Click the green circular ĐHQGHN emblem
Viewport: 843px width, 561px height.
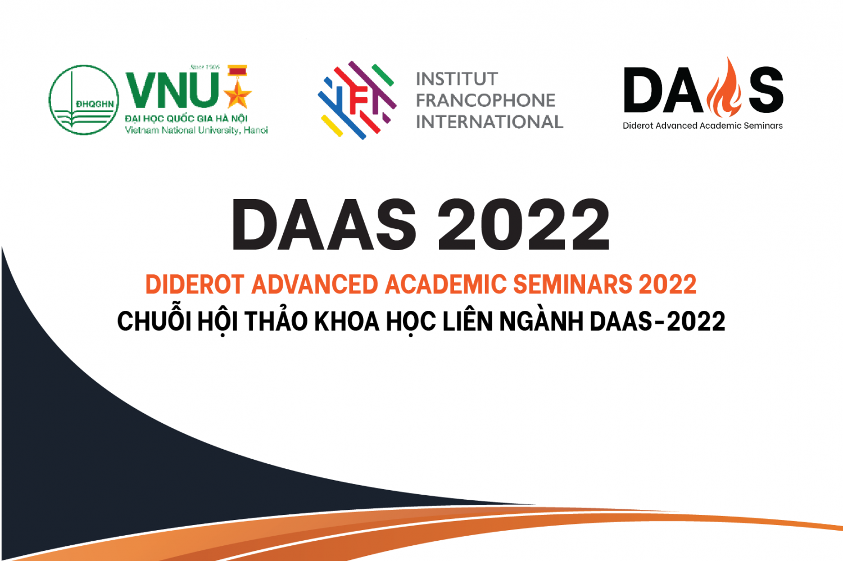click(x=84, y=100)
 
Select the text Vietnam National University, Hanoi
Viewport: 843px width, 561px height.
click(x=196, y=130)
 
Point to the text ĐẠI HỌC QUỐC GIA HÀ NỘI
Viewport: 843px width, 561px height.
click(x=186, y=118)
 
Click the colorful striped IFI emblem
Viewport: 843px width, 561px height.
click(x=357, y=100)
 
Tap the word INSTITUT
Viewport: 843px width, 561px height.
click(x=457, y=79)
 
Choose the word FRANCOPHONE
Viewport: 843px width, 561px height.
click(x=486, y=101)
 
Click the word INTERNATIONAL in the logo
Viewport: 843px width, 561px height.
click(x=490, y=122)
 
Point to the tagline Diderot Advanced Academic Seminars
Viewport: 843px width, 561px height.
click(x=703, y=126)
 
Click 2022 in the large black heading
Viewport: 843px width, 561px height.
click(x=523, y=224)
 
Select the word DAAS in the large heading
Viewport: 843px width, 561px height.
click(x=324, y=224)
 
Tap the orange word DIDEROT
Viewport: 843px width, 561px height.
click(x=195, y=284)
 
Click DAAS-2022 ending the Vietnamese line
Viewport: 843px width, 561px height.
click(x=658, y=322)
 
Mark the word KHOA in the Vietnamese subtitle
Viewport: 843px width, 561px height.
click(x=347, y=322)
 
